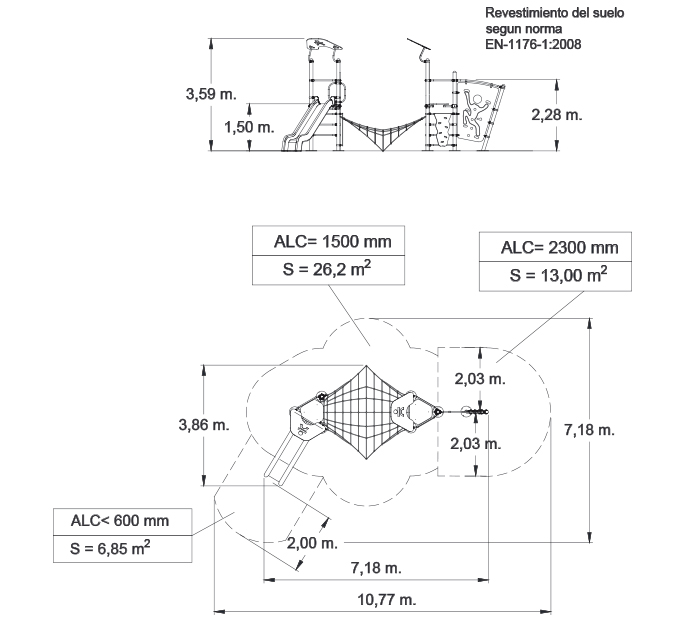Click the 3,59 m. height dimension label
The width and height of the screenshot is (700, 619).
[x=211, y=94]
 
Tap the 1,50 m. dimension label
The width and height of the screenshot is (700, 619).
[x=249, y=127]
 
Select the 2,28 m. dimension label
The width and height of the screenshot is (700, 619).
[x=557, y=115]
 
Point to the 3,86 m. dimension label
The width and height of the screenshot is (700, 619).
[x=204, y=424]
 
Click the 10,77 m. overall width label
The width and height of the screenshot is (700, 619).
[x=387, y=599]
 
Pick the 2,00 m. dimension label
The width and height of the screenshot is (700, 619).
[x=312, y=543]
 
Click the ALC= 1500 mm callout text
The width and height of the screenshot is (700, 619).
[x=333, y=241]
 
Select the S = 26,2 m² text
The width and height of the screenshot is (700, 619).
[x=327, y=269]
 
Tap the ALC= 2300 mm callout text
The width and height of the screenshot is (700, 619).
[x=559, y=247]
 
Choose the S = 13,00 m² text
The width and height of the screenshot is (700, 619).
[x=558, y=275]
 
